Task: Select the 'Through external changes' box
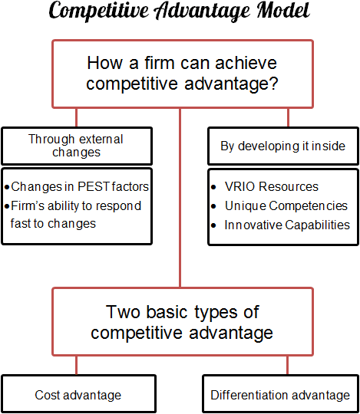click(75, 146)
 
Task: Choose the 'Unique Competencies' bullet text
click(286, 205)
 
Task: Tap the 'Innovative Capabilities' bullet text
click(286, 225)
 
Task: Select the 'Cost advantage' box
click(78, 395)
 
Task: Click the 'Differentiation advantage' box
click(280, 395)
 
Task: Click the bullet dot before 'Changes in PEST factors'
click(7, 187)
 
